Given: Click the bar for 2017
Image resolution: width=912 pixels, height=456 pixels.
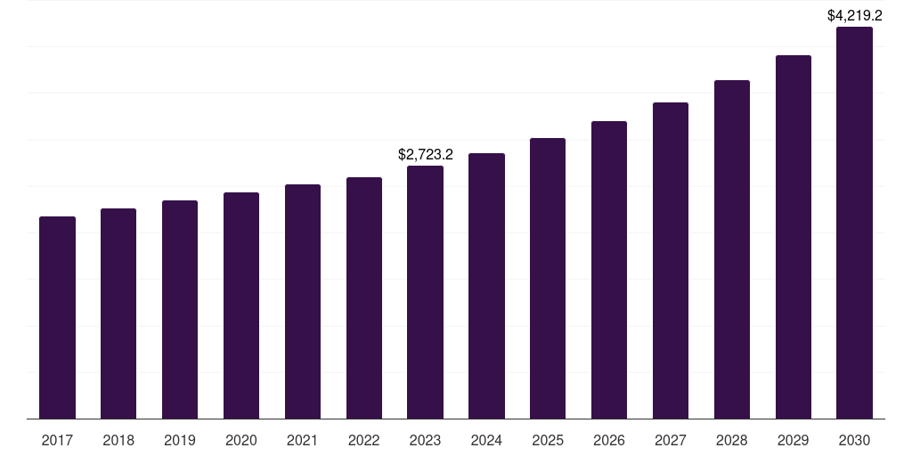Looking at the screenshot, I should (x=57, y=317).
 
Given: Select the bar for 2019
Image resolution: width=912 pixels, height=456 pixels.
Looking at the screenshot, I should (x=180, y=309).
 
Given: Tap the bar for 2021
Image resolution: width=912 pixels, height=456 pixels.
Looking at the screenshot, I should (x=303, y=301).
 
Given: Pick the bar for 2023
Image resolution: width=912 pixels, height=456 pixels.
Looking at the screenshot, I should (x=425, y=292).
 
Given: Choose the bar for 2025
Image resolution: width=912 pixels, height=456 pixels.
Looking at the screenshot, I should (x=548, y=278).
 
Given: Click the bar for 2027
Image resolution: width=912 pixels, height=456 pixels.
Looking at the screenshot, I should (x=671, y=260).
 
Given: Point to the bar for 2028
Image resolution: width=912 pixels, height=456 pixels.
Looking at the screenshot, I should (x=732, y=249).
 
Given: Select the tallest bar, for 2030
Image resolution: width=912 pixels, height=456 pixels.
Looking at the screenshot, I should (x=854, y=223).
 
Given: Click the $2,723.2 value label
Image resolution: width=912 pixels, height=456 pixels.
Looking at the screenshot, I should (x=425, y=155).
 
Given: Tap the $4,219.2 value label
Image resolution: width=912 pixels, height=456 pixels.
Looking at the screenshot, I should (x=854, y=15).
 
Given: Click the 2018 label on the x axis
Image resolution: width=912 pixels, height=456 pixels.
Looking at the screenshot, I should (x=118, y=440).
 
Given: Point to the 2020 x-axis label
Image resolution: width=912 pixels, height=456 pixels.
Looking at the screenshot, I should (x=241, y=440).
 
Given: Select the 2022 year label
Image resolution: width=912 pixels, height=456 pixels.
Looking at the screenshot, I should (x=363, y=440).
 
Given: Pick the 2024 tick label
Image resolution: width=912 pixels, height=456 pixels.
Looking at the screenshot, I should (x=486, y=440).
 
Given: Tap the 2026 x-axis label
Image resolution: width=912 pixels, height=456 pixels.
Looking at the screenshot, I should (x=609, y=440).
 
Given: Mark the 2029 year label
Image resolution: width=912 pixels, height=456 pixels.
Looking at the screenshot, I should (x=794, y=440).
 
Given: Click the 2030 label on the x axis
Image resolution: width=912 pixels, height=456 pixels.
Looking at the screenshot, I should (x=854, y=440).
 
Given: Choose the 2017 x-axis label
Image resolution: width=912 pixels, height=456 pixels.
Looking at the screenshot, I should (x=57, y=440).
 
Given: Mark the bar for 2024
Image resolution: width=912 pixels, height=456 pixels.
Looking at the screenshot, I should (x=486, y=286).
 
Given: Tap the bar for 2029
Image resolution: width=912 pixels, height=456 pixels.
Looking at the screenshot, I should (x=794, y=237).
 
